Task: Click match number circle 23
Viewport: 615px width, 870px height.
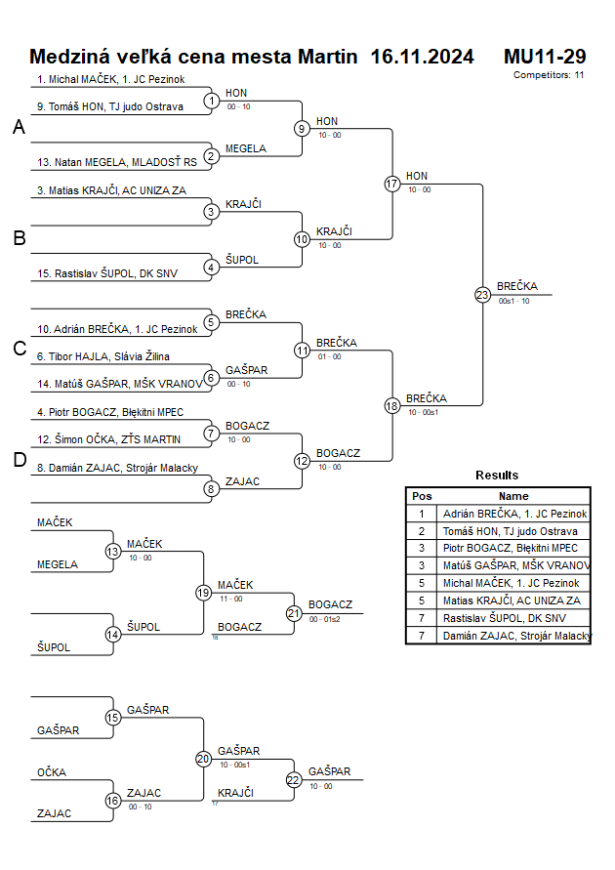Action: pyautogui.click(x=482, y=294)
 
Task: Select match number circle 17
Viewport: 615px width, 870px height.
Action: pyautogui.click(x=392, y=184)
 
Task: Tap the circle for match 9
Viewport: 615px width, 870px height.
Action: pyautogui.click(x=303, y=128)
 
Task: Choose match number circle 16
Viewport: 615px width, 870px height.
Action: pyautogui.click(x=113, y=801)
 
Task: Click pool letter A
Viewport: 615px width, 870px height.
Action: pyautogui.click(x=19, y=128)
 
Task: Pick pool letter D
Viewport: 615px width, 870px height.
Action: pyautogui.click(x=19, y=461)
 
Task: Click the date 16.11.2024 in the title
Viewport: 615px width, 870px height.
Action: pyautogui.click(x=422, y=57)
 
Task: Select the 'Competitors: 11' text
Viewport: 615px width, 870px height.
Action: pyautogui.click(x=549, y=74)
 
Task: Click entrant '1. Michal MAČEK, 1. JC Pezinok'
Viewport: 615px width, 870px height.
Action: pyautogui.click(x=111, y=79)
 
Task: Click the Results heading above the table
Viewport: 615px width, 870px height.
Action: pyautogui.click(x=497, y=476)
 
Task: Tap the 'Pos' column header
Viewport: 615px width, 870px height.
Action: pyautogui.click(x=422, y=496)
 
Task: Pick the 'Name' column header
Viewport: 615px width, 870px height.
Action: pyautogui.click(x=513, y=496)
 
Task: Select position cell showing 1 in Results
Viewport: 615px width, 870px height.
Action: pyautogui.click(x=422, y=513)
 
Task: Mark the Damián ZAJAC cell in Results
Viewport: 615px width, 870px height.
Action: pyautogui.click(x=516, y=636)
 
